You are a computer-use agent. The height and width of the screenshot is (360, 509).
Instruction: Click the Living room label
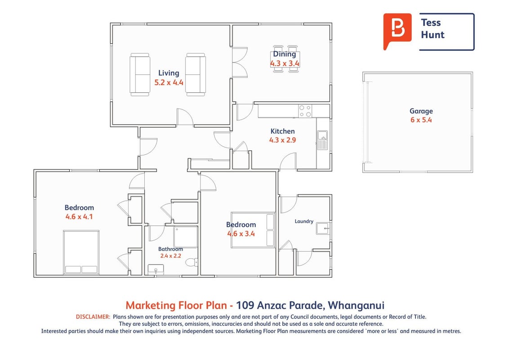pyautogui.click(x=169, y=73)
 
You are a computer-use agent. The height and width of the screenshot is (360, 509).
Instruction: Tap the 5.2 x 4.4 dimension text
pyautogui.click(x=169, y=82)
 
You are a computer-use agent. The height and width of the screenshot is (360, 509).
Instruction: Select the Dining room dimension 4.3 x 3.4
pyautogui.click(x=285, y=63)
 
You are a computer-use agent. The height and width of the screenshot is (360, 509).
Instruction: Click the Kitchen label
pyautogui.click(x=282, y=131)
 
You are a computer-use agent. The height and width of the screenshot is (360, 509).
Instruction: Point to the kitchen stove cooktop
pyautogui.click(x=305, y=111)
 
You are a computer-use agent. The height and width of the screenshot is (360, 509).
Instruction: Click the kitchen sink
pyautogui.click(x=322, y=140)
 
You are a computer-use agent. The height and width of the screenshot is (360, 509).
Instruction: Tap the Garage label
pyautogui.click(x=421, y=111)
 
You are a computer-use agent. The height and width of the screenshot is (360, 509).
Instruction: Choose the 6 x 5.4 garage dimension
pyautogui.click(x=421, y=120)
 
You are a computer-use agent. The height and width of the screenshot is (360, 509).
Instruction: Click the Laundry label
pyautogui.click(x=304, y=221)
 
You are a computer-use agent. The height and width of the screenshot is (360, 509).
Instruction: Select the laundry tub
pyautogui.click(x=323, y=229)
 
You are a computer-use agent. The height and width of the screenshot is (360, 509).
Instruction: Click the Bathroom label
pyautogui.click(x=170, y=249)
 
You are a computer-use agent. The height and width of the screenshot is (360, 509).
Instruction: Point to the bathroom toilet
pyautogui.click(x=194, y=262)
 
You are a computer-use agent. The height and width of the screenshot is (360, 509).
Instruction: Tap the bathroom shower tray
pyautogui.click(x=186, y=237)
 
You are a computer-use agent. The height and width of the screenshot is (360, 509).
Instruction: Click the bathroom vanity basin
pyautogui.click(x=156, y=270)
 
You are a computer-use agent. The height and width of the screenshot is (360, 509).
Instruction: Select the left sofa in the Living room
pyautogui.click(x=140, y=75)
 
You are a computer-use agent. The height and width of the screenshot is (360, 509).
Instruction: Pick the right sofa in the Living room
pyautogui.click(x=196, y=75)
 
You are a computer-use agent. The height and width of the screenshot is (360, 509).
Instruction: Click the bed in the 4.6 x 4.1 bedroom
pyautogui.click(x=81, y=252)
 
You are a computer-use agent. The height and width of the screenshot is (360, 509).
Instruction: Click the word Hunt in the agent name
pyautogui.click(x=433, y=35)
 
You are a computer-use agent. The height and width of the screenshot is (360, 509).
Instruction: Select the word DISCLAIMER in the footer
pyautogui.click(x=93, y=316)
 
